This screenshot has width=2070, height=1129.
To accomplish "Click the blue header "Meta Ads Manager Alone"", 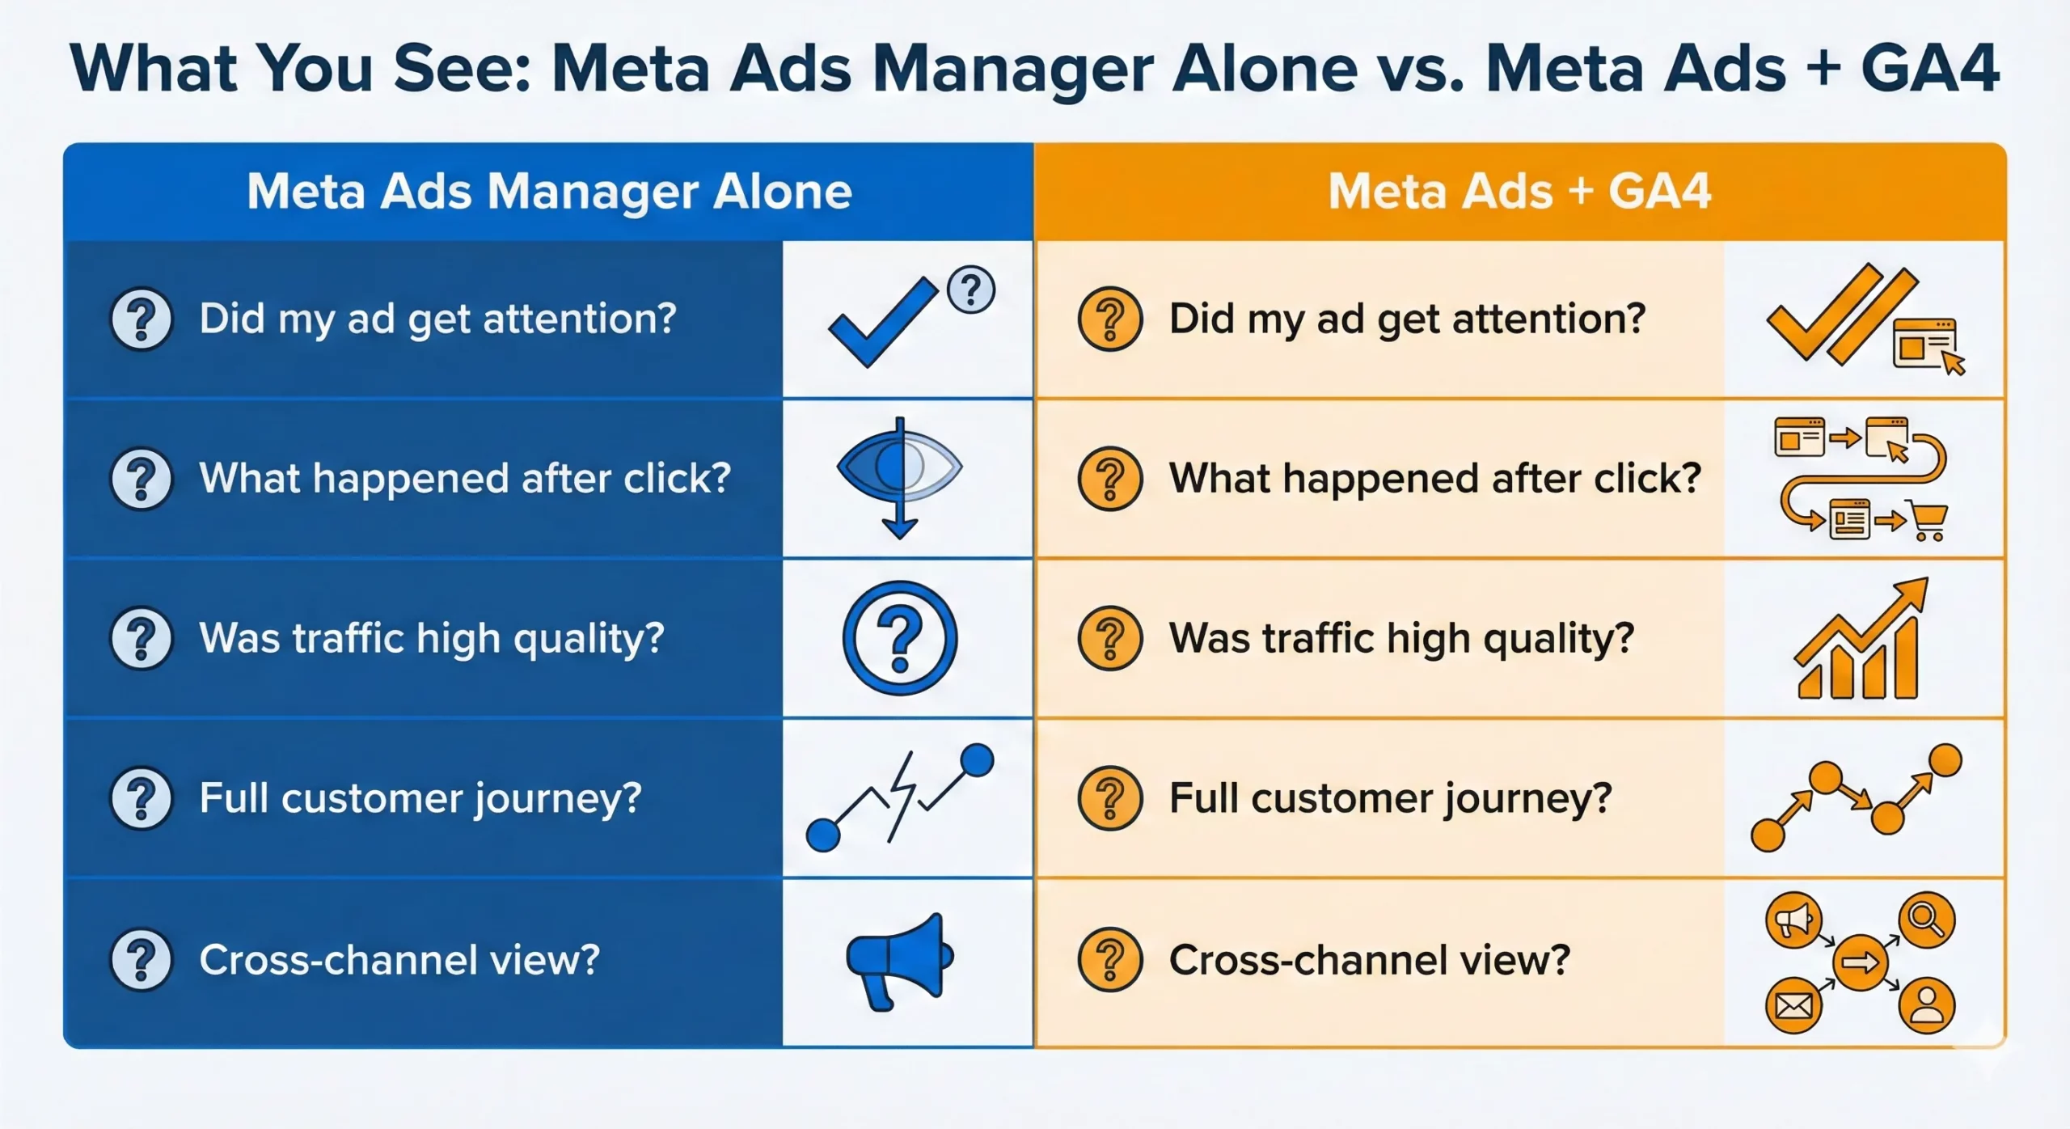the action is click(549, 192).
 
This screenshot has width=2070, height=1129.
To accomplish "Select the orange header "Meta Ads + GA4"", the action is click(1519, 192).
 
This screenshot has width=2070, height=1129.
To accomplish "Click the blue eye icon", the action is click(899, 467).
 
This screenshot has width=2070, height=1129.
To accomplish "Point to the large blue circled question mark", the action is click(900, 638).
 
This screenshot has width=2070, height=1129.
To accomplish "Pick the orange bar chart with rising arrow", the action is click(1860, 639).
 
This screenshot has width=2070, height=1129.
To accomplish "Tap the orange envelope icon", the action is click(1793, 1005).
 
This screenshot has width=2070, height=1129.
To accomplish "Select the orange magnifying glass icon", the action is click(1927, 920).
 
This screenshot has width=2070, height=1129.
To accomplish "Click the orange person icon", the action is click(1927, 1005).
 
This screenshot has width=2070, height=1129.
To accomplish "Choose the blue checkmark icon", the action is click(883, 322).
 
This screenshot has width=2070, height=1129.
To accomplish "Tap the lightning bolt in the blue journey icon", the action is click(902, 797).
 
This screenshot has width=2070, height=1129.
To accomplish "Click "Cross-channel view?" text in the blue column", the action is click(399, 960).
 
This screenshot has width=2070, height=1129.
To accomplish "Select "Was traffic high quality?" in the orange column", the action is click(1401, 639).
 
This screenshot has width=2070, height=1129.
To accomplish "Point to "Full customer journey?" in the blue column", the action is click(420, 799).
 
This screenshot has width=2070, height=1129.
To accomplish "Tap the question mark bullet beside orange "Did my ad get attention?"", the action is click(1110, 319).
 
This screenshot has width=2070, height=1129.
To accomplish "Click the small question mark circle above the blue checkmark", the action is click(970, 290).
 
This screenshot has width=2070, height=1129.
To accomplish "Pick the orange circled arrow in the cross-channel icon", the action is click(1860, 962).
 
